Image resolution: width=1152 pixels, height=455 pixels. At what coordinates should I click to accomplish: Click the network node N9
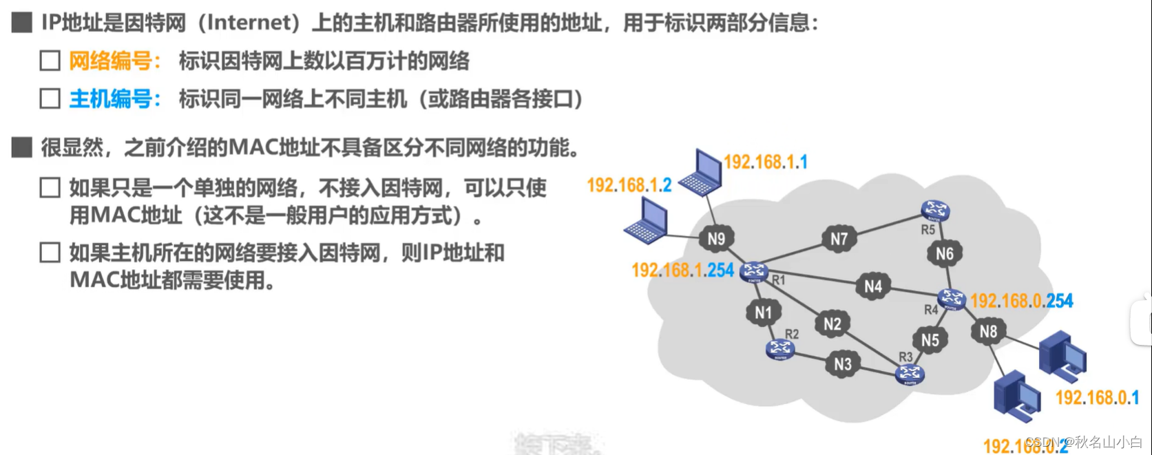click(716, 239)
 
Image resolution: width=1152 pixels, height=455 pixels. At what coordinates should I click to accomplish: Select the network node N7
click(839, 239)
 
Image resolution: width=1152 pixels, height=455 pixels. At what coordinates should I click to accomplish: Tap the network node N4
click(872, 286)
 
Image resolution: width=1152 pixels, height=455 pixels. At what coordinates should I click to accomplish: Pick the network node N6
click(944, 254)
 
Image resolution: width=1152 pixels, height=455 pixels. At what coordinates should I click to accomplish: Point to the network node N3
click(843, 363)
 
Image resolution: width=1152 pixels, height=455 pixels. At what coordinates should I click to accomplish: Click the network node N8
click(988, 332)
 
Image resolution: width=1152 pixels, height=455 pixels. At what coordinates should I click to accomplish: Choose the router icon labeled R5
click(935, 210)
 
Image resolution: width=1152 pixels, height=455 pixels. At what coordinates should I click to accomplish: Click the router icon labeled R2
click(780, 350)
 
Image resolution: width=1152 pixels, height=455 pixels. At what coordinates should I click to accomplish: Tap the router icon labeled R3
click(909, 374)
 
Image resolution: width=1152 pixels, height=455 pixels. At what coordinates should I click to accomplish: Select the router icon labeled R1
click(754, 272)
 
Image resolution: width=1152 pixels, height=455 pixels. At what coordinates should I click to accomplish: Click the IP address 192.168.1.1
click(765, 162)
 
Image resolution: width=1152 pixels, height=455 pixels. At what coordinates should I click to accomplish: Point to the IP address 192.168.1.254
click(682, 271)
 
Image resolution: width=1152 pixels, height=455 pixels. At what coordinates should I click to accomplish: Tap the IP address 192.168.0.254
click(1021, 301)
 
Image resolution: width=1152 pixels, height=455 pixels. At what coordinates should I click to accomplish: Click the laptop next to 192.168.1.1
click(701, 172)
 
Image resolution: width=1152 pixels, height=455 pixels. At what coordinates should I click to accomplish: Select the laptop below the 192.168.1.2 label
click(646, 220)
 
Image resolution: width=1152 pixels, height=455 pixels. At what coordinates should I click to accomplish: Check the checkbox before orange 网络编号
click(50, 61)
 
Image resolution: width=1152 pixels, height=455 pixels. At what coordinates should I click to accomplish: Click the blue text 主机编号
click(111, 99)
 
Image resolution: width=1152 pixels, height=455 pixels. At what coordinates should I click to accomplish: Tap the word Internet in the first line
click(248, 23)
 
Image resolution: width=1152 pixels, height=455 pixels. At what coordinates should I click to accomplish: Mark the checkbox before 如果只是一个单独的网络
click(50, 187)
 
